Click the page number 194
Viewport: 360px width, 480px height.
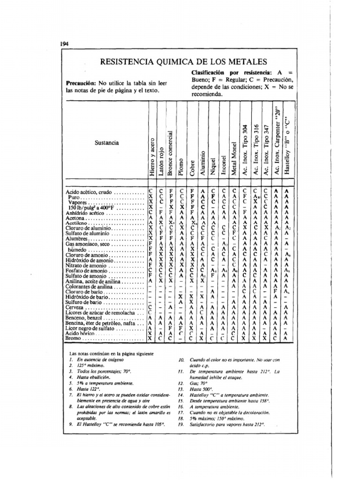[x=65, y=44]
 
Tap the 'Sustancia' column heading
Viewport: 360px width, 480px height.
[x=105, y=142]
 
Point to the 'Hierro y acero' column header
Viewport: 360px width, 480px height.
[x=151, y=157]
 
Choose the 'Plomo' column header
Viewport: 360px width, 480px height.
[x=181, y=165]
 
